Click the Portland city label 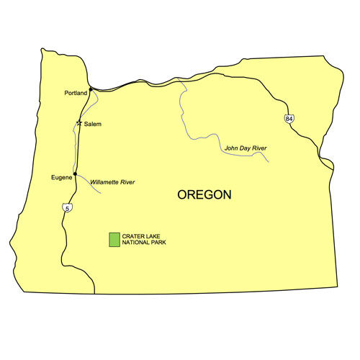pyautogui.click(x=75, y=93)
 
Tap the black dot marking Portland pyautogui.click(x=90, y=91)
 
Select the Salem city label pyautogui.click(x=93, y=125)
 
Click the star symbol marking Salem pyautogui.click(x=80, y=123)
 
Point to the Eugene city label pyautogui.click(x=61, y=176)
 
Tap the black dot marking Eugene pyautogui.click(x=75, y=174)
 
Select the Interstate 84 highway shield pyautogui.click(x=289, y=118)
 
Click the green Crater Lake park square pyautogui.click(x=114, y=240)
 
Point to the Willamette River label pyautogui.click(x=113, y=183)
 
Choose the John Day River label pyautogui.click(x=246, y=148)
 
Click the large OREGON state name pyautogui.click(x=204, y=195)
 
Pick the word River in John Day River pyautogui.click(x=258, y=148)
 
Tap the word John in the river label pyautogui.click(x=231, y=148)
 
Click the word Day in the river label pyautogui.click(x=243, y=148)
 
